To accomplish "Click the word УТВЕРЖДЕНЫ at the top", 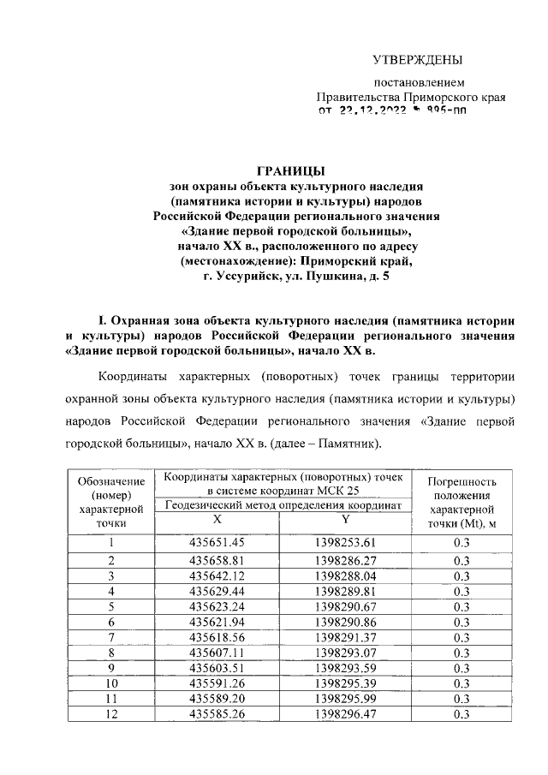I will click(x=417, y=59).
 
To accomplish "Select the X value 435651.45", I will click(x=217, y=542).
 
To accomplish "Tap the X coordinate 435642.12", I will click(x=217, y=575).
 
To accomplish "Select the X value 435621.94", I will click(x=217, y=622).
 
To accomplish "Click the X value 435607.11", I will click(x=217, y=653).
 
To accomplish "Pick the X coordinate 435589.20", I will click(x=217, y=699).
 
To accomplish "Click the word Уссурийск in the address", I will click(x=260, y=277).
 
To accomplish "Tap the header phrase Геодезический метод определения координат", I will click(x=283, y=506).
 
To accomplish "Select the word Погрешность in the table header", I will click(x=462, y=481).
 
